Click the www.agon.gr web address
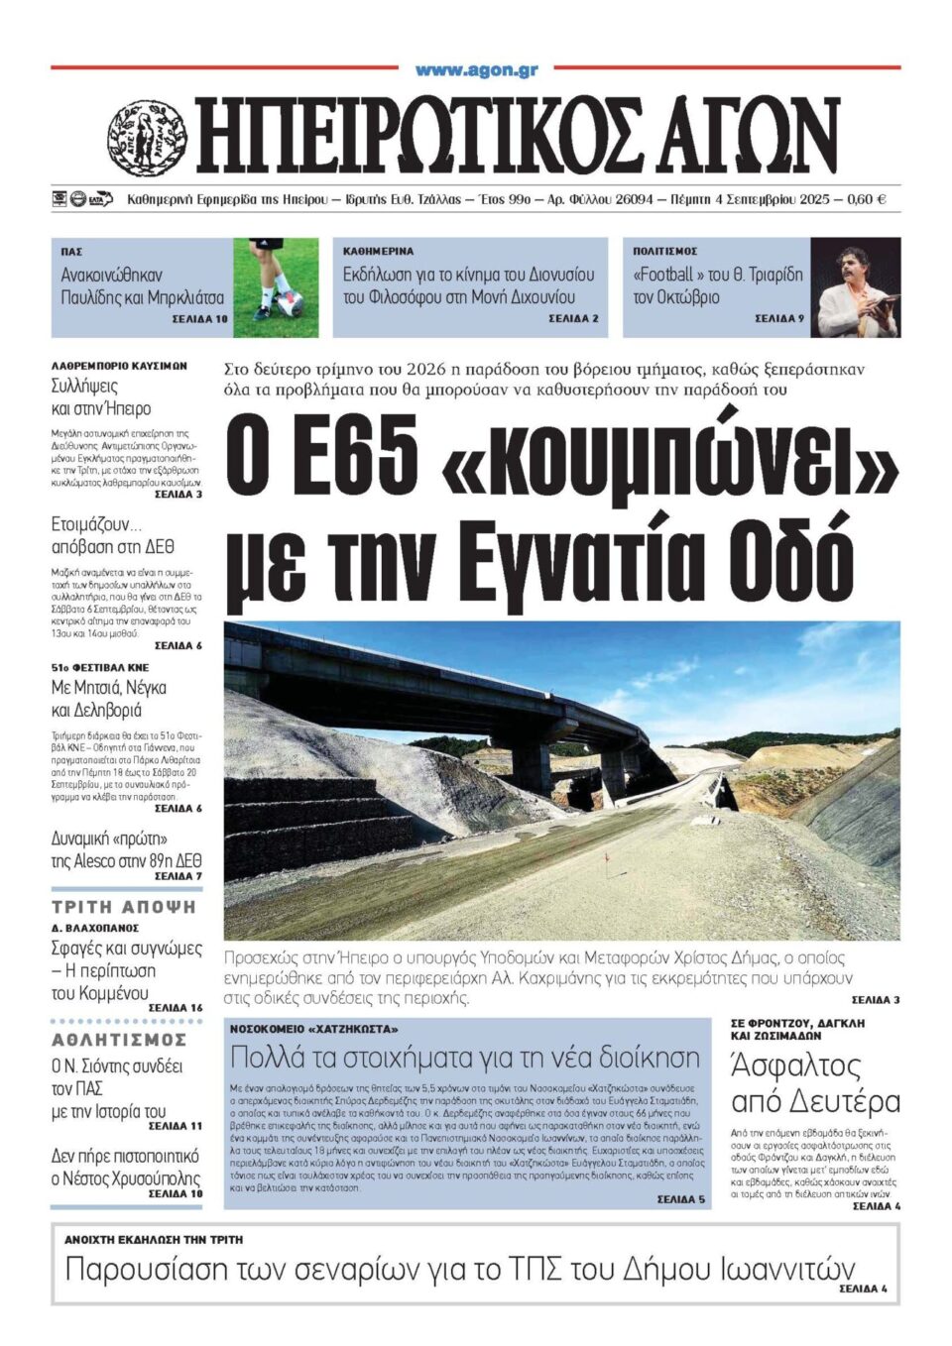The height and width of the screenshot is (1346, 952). pyautogui.click(x=476, y=69)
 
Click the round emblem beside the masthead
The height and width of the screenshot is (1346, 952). pyautogui.click(x=147, y=138)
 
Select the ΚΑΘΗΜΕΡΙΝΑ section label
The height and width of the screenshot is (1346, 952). pyautogui.click(x=379, y=252)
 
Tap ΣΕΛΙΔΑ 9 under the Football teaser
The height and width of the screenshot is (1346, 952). pyautogui.click(x=778, y=319)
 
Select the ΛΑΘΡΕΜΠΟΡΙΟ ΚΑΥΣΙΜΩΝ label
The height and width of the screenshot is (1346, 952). pyautogui.click(x=119, y=366)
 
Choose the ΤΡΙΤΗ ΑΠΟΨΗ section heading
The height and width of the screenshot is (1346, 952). pyautogui.click(x=124, y=907)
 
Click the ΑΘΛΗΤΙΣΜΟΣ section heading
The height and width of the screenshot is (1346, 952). pyautogui.click(x=119, y=1040)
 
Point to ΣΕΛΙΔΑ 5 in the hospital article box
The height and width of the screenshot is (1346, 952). pyautogui.click(x=680, y=1199)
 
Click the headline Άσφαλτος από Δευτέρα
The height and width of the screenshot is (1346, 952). pyautogui.click(x=815, y=1083)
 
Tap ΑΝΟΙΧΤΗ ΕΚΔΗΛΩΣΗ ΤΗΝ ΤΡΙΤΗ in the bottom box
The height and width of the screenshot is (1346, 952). pyautogui.click(x=154, y=1239)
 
